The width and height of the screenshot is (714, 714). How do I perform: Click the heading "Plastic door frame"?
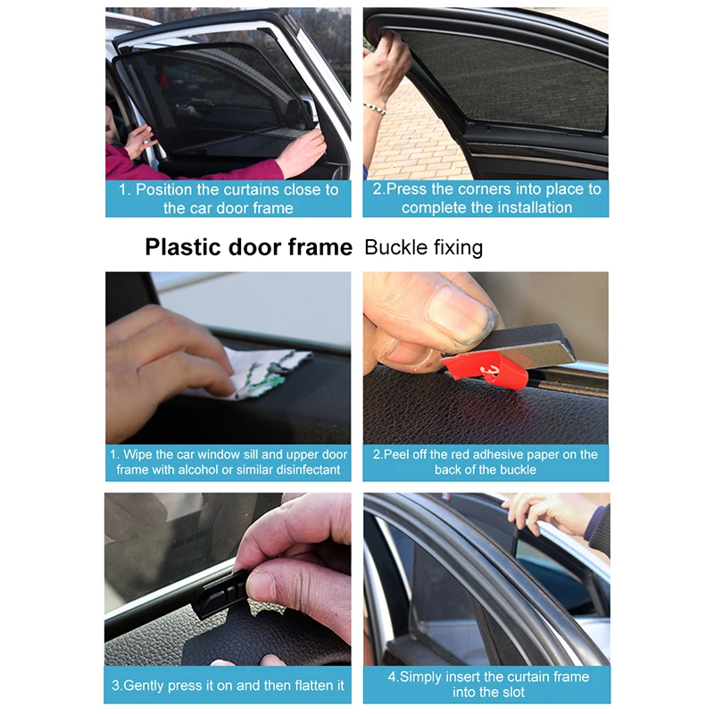pyautogui.click(x=248, y=247)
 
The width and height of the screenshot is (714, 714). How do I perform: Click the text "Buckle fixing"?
pyautogui.click(x=423, y=247)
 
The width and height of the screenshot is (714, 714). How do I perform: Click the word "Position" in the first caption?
pyautogui.click(x=170, y=189)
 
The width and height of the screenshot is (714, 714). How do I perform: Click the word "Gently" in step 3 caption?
pyautogui.click(x=146, y=685)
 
